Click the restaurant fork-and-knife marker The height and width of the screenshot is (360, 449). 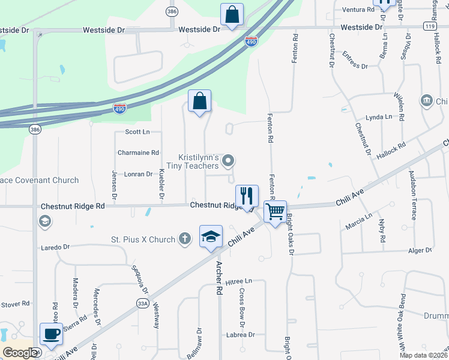pos(247,196)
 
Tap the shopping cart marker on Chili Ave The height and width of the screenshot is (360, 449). pos(275,211)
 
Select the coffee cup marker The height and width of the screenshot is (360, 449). pos(51,334)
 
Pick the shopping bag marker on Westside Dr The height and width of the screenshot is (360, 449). pos(232,14)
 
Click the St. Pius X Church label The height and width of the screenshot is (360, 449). pos(143,240)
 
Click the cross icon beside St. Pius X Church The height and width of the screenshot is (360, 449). pos(185,239)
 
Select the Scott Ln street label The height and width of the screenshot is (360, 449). pos(137,131)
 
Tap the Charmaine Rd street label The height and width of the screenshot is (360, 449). pos(138,153)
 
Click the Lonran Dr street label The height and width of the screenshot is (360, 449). pos(138,174)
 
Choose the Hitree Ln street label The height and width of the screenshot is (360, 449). pos(239,281)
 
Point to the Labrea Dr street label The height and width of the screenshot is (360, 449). pos(240,335)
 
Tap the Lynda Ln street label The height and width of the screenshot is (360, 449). pos(378,117)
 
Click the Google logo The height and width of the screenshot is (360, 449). pos(20,353)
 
